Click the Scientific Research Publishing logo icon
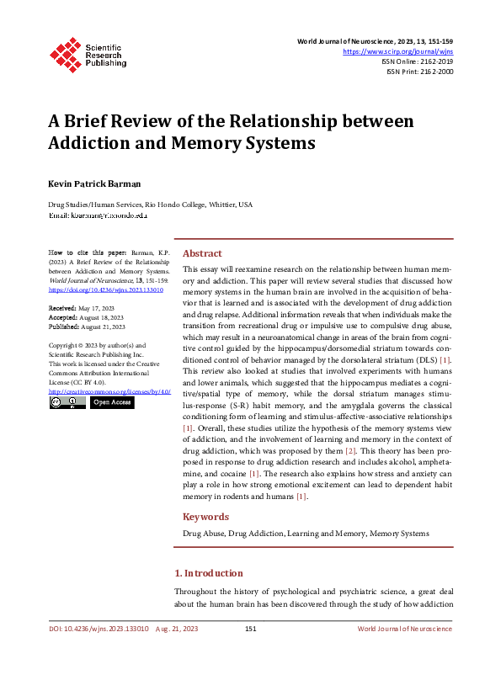pyautogui.click(x=66, y=53)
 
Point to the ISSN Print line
pyautogui.click(x=419, y=72)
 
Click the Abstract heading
pyautogui.click(x=203, y=253)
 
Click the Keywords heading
pyautogui.click(x=206, y=517)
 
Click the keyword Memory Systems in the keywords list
pyautogui.click(x=399, y=534)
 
